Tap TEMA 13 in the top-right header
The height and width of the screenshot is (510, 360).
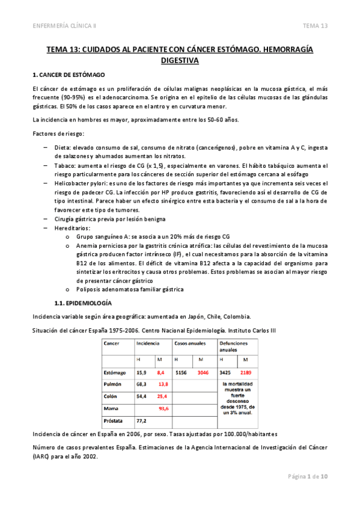click(315, 26)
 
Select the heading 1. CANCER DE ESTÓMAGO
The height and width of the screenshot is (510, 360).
click(68, 75)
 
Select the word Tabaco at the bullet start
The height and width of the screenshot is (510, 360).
click(65, 165)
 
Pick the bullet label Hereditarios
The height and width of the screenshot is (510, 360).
click(73, 228)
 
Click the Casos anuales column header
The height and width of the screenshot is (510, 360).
click(190, 343)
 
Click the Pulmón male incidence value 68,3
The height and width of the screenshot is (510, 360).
click(142, 384)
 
